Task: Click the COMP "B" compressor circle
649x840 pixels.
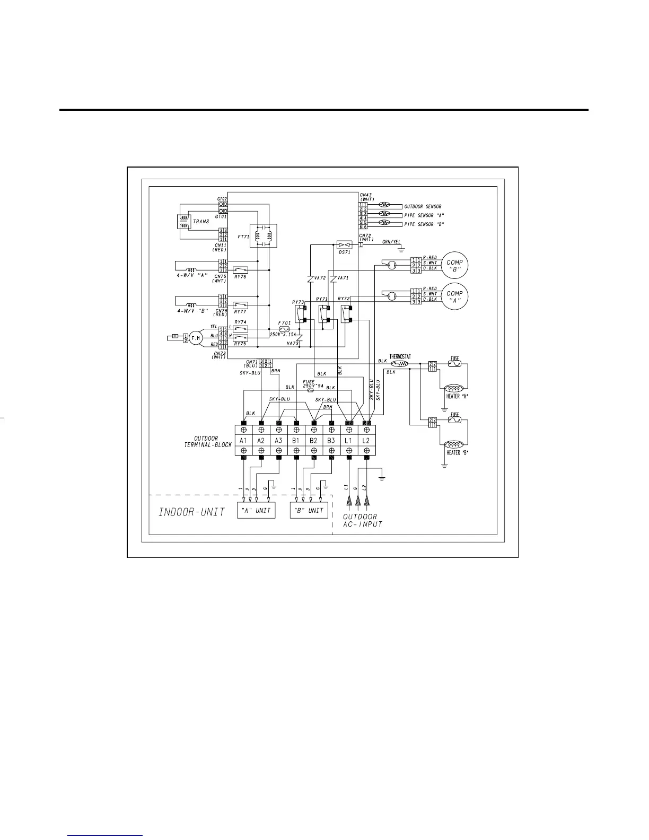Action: click(454, 266)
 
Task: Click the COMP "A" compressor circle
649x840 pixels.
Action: click(454, 296)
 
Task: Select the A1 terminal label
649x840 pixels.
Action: click(243, 441)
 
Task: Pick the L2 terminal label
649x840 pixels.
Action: click(366, 441)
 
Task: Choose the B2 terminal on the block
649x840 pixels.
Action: click(313, 441)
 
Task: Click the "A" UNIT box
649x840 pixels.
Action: click(256, 510)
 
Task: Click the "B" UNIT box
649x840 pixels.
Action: click(309, 510)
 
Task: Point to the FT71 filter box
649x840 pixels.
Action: click(262, 236)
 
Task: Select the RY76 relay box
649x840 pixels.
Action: click(240, 270)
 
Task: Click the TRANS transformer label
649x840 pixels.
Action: click(201, 222)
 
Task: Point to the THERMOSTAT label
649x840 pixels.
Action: click(400, 357)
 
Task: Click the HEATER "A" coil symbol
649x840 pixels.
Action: click(455, 388)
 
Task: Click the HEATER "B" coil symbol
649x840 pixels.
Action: click(455, 444)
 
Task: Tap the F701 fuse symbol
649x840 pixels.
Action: click(284, 329)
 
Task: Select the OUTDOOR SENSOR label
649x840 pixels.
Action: click(423, 206)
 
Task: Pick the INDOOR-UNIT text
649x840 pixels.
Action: click(192, 512)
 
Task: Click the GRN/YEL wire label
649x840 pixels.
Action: click(391, 241)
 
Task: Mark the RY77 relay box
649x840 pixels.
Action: click(240, 305)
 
